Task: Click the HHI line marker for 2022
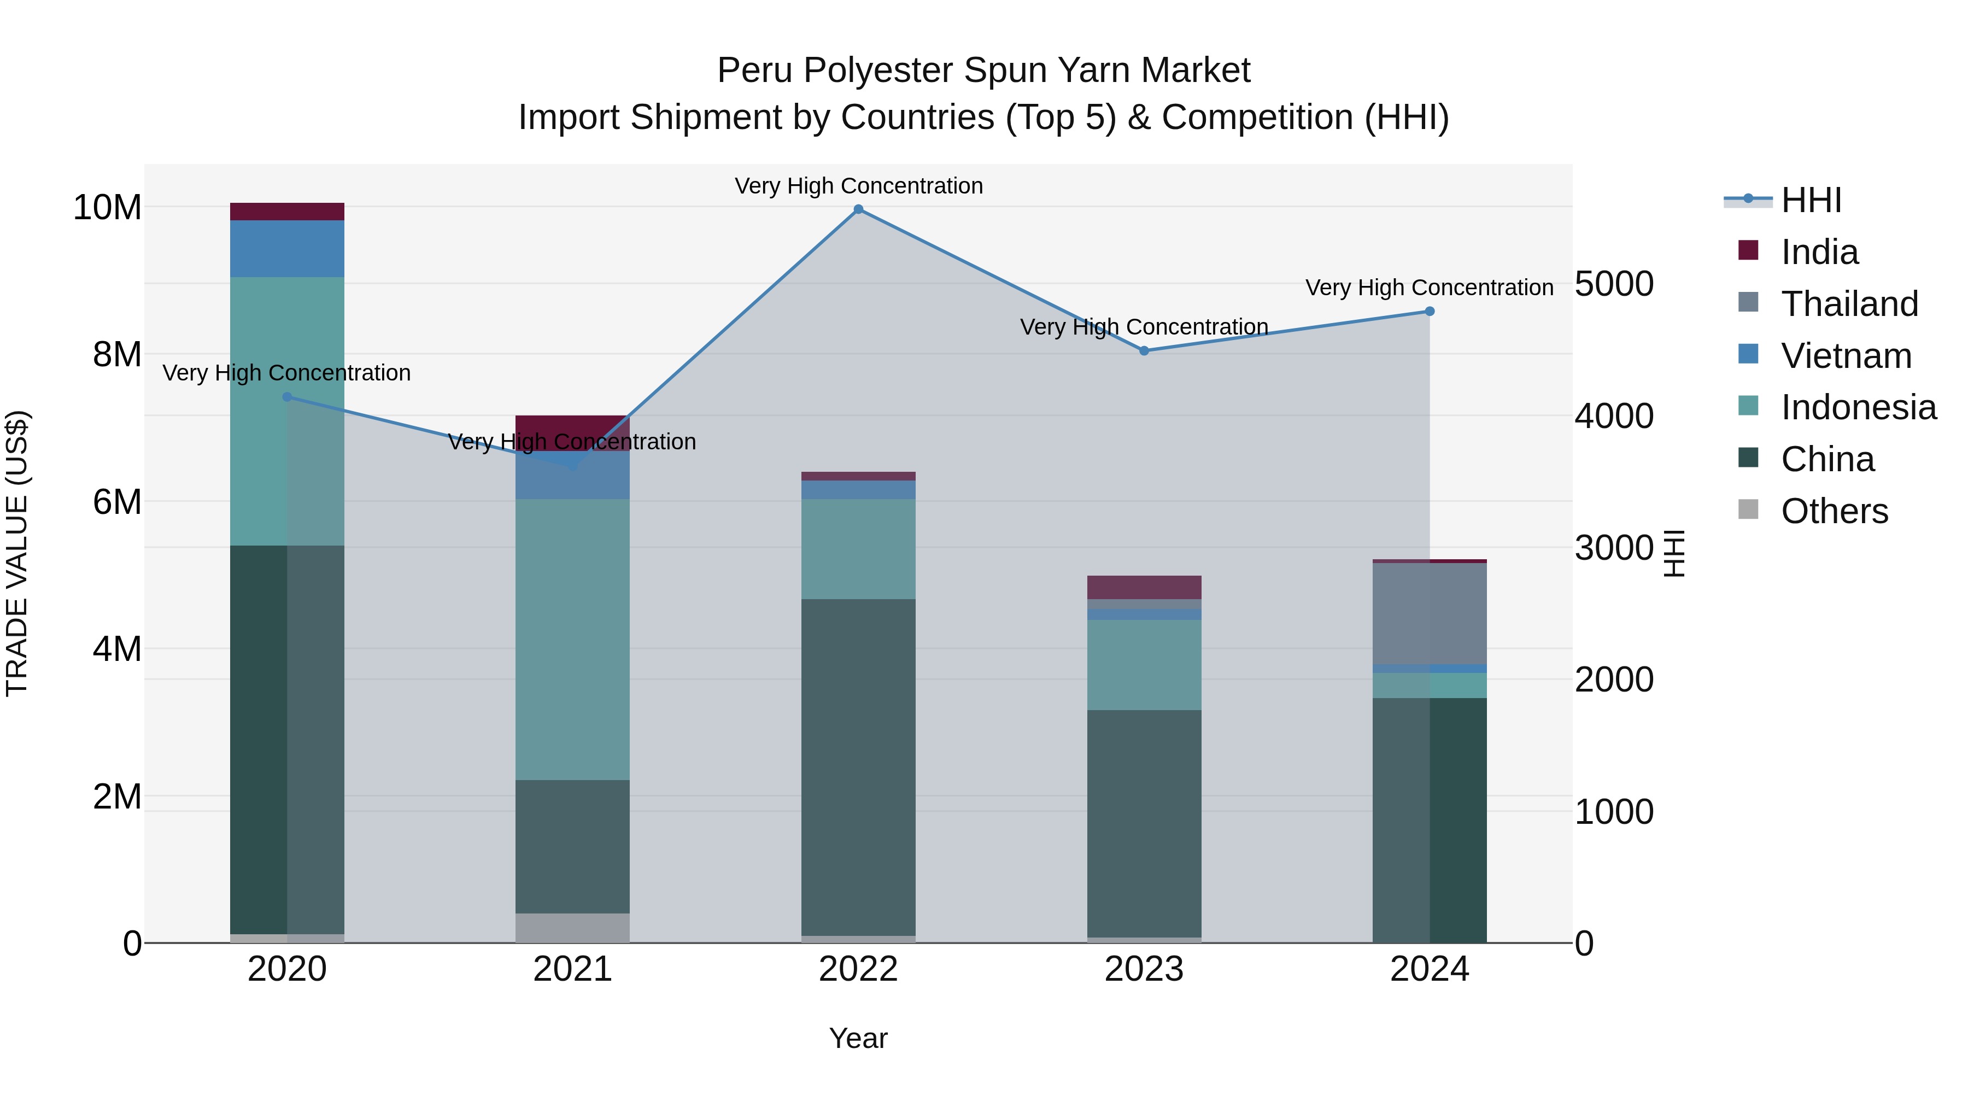pyautogui.click(x=858, y=209)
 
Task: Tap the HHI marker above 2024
pyautogui.click(x=1430, y=311)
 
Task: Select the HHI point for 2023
pyautogui.click(x=1144, y=350)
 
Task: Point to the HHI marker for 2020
pyautogui.click(x=287, y=396)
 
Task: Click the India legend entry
pyautogui.click(x=1819, y=252)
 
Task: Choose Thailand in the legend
pyautogui.click(x=1849, y=304)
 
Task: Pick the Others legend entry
pyautogui.click(x=1834, y=511)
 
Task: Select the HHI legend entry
pyautogui.click(x=1811, y=200)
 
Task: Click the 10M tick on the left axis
pyautogui.click(x=107, y=207)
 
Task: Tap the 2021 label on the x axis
pyautogui.click(x=572, y=969)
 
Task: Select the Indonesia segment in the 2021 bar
pyautogui.click(x=572, y=639)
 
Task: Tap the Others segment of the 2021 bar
pyautogui.click(x=572, y=928)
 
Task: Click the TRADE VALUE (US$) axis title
pyautogui.click(x=17, y=553)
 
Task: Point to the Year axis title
pyautogui.click(x=858, y=1038)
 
